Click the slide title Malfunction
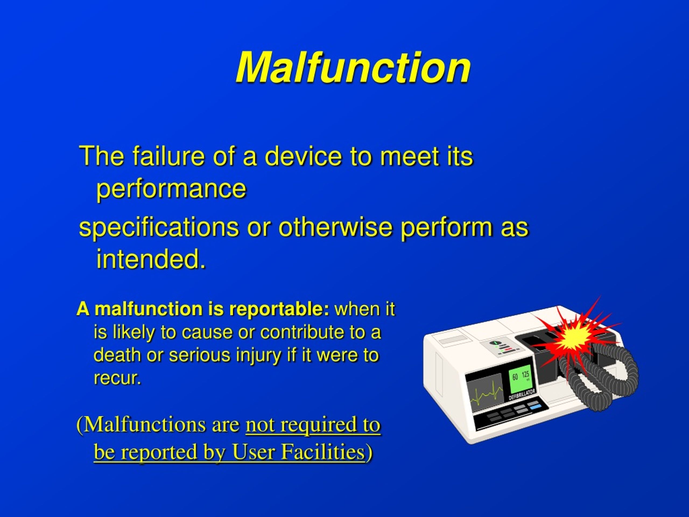tap(353, 68)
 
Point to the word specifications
tap(159, 227)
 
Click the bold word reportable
tap(279, 309)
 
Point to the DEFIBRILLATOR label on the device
tap(522, 395)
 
